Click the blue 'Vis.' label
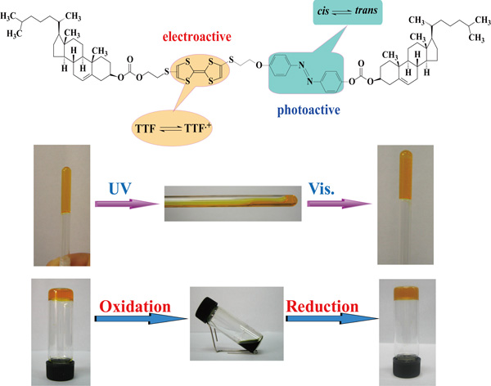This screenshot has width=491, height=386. point(337,188)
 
